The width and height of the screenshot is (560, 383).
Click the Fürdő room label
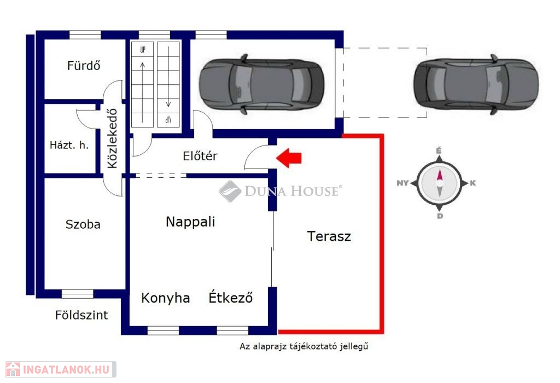click(84, 65)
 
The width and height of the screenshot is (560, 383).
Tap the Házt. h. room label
click(69, 144)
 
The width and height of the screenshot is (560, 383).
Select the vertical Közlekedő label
click(112, 138)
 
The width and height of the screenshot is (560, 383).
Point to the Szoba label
click(83, 224)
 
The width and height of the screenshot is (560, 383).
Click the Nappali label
click(190, 222)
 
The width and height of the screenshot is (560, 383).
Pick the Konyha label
click(165, 298)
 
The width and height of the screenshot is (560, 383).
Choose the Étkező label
click(231, 297)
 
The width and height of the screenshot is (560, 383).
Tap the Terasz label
click(329, 236)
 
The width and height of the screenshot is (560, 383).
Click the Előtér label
click(200, 155)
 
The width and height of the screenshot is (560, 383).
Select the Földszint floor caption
click(81, 315)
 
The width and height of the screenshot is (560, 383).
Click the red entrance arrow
click(289, 158)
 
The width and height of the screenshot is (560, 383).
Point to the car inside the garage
click(261, 84)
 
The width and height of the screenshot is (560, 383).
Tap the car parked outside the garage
click(476, 84)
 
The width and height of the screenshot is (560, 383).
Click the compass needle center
click(440, 183)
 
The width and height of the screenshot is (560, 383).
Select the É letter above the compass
click(439, 150)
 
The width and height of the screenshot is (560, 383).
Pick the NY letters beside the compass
click(402, 183)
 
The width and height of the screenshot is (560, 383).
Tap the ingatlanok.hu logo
click(61, 369)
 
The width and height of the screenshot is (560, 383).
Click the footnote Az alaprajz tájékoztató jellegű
click(304, 346)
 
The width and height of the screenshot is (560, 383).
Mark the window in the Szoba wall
click(78, 294)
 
